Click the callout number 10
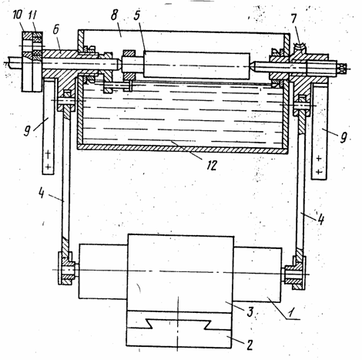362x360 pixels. (x=18, y=15)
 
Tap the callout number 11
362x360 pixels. (x=32, y=15)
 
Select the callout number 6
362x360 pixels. (x=56, y=29)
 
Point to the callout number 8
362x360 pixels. (x=114, y=15)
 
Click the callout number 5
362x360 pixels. (x=137, y=15)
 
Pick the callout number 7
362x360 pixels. (x=293, y=19)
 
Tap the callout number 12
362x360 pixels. (x=212, y=165)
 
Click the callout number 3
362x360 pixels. (x=250, y=311)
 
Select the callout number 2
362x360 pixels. (x=250, y=345)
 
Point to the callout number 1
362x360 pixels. (x=290, y=313)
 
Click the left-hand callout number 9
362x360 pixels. (x=27, y=131)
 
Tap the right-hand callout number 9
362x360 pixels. (x=344, y=138)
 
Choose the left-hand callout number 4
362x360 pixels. (x=42, y=193)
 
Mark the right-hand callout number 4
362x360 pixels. (x=320, y=220)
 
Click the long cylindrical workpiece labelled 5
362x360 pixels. (x=196, y=66)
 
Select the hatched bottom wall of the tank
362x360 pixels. (x=183, y=148)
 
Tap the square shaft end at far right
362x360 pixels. (x=340, y=68)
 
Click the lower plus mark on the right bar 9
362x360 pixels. (x=319, y=172)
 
